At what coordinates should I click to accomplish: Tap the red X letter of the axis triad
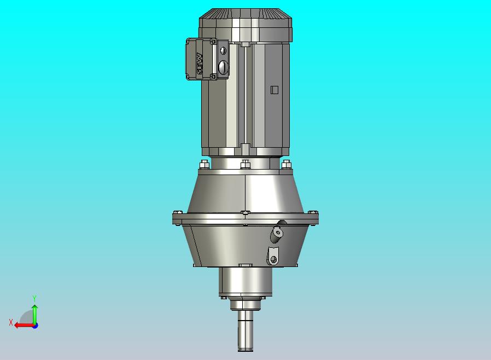coord(11,322)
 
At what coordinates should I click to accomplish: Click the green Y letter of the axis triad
coord(34,298)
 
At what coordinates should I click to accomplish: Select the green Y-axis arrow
coord(34,313)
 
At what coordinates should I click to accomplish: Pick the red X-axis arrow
coord(23,325)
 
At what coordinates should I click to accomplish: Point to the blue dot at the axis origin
coord(34,325)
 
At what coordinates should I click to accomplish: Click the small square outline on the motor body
coord(274,90)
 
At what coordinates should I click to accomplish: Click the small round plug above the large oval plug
coord(223,51)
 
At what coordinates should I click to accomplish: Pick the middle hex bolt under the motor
coord(245,163)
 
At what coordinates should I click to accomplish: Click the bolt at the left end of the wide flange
coord(177,213)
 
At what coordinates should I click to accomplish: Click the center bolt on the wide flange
coord(245,213)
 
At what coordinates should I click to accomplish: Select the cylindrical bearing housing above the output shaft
coord(245,282)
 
